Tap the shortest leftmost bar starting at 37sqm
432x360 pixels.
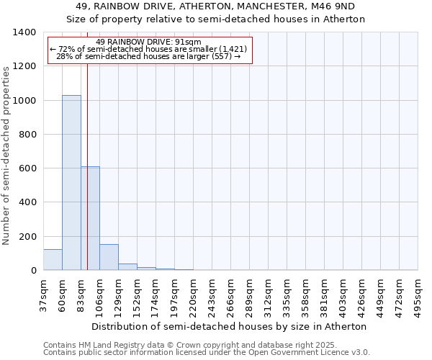pos(53,260)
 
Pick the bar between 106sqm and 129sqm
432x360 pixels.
pos(109,257)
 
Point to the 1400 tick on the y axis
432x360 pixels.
pos(25,32)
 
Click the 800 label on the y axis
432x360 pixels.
pos(27,135)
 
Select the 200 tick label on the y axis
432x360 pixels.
pos(27,237)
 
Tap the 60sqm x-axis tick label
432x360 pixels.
pos(62,296)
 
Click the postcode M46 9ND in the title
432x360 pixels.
pos(337,6)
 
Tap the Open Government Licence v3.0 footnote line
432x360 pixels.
pos(207,352)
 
